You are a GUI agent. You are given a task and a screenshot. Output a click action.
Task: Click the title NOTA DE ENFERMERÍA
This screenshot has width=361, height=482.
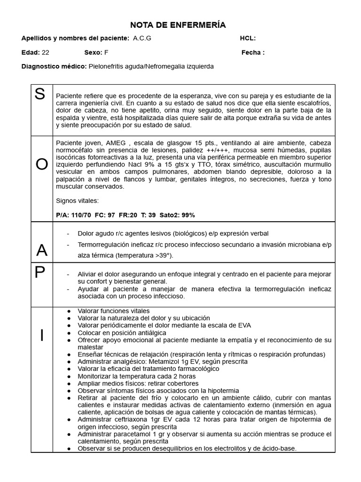coord(178,25)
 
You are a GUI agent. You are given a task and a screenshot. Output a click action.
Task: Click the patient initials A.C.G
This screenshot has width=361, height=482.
coord(142,39)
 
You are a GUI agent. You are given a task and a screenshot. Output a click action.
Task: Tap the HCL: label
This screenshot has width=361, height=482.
coord(248,39)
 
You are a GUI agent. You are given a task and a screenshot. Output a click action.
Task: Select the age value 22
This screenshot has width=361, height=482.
coord(46,53)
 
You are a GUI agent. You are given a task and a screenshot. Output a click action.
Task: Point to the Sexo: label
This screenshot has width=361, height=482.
coord(93,53)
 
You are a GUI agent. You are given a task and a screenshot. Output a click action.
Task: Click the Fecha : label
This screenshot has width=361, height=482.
coord(253,53)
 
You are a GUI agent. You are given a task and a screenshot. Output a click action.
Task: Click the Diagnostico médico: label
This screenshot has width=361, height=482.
coord(54,66)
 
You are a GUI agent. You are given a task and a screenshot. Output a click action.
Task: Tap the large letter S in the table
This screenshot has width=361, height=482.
coord(40,95)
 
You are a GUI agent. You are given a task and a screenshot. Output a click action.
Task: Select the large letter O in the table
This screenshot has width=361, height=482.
coord(42,164)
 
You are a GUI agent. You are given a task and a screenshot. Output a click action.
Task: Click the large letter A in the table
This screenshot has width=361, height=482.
coord(42,250)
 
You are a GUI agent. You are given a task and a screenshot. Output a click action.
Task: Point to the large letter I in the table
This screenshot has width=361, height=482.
coord(42,335)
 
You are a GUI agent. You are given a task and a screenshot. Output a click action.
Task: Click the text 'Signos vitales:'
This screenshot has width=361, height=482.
coord(77,201)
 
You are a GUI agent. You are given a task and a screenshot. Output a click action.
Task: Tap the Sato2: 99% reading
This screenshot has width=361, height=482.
coord(177,215)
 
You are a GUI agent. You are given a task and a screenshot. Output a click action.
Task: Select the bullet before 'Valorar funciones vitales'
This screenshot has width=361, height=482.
coord(69,311)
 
